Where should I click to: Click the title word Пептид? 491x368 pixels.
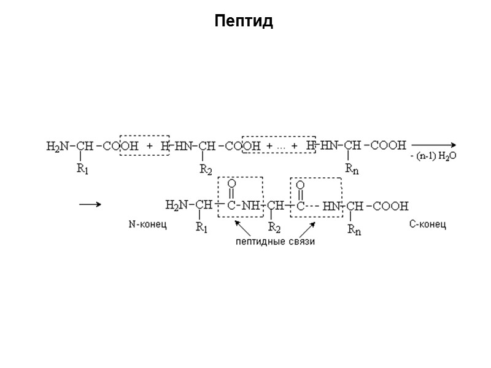point(244,22)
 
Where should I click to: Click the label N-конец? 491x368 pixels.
point(147,225)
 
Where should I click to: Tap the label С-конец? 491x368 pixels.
point(427,224)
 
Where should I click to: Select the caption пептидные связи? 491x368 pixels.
point(275,242)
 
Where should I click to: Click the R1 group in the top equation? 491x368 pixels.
point(83,170)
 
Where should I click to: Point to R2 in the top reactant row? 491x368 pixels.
point(206,170)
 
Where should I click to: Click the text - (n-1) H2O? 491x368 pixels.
point(433,157)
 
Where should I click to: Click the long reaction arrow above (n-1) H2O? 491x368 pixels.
point(433,145)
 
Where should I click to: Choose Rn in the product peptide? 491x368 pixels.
point(354,229)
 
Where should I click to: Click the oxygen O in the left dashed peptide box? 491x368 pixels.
point(231,184)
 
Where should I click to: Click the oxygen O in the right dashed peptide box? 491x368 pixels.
point(300,184)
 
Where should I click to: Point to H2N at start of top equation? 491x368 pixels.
point(58,146)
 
